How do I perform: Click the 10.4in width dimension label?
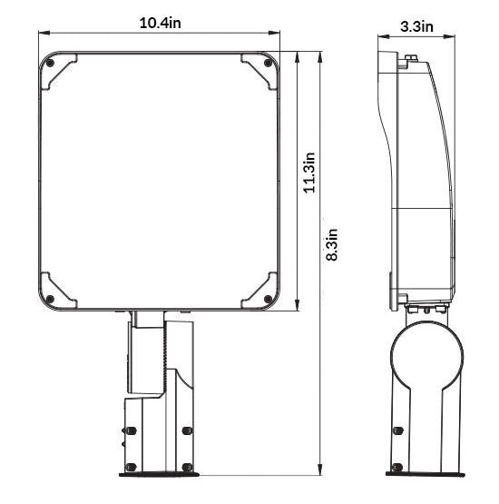[x=161, y=23]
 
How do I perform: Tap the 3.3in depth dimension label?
[x=416, y=26]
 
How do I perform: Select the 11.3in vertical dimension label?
[x=309, y=173]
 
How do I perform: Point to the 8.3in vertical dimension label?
[x=332, y=244]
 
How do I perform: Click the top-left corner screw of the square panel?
[x=50, y=63]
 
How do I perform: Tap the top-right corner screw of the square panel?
[x=268, y=63]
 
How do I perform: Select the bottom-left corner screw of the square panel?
[x=50, y=300]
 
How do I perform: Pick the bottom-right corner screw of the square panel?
[x=268, y=300]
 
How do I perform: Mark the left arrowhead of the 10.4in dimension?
[x=44, y=33]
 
